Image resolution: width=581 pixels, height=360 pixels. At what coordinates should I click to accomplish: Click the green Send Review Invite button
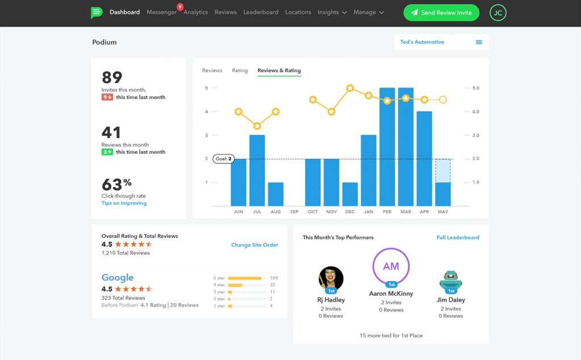click(x=441, y=12)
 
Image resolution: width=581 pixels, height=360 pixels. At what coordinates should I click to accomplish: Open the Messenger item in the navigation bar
click(x=162, y=12)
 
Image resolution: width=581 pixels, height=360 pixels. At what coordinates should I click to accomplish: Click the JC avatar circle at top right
click(x=498, y=12)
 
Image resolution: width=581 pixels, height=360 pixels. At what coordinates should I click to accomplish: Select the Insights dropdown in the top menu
click(x=332, y=12)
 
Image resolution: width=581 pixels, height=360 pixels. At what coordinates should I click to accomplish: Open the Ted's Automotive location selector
click(x=441, y=42)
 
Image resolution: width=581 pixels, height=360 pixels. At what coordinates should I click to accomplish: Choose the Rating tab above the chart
click(x=239, y=71)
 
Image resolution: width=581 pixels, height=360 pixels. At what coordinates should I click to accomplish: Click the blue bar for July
click(x=257, y=170)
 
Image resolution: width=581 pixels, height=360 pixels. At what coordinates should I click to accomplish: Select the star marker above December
click(x=350, y=88)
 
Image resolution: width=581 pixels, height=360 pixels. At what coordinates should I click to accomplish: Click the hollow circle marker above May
click(x=443, y=100)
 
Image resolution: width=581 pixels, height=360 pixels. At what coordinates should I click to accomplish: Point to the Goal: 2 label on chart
click(x=223, y=159)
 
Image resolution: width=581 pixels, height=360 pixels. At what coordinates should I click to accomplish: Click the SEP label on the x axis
click(x=294, y=212)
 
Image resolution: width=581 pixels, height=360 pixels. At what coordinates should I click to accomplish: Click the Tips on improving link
click(x=124, y=203)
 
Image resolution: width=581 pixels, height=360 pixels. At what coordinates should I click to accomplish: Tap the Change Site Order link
click(x=254, y=245)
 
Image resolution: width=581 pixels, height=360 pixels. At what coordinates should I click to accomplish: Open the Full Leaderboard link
click(x=457, y=237)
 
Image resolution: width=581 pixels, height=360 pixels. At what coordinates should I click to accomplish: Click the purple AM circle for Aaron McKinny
click(x=391, y=266)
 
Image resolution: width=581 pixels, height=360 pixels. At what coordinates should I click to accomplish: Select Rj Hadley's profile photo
click(x=331, y=279)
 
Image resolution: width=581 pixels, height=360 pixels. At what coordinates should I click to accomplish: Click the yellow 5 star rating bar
click(x=245, y=278)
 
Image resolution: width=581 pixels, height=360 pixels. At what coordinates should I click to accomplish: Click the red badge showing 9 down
click(x=107, y=97)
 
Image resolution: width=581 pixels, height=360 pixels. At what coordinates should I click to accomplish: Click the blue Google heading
click(x=117, y=278)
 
